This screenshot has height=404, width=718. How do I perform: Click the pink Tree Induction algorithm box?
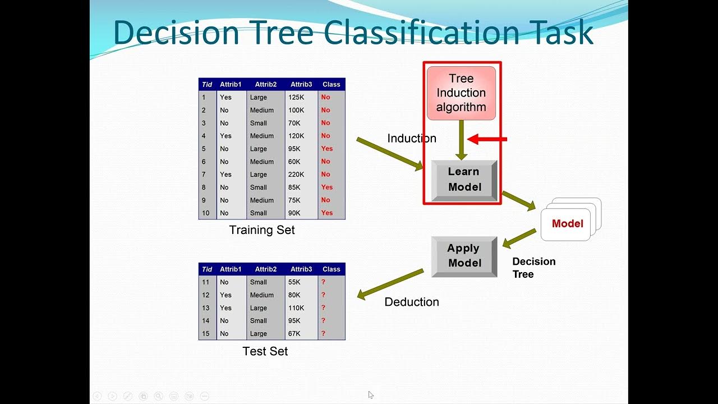point(461,93)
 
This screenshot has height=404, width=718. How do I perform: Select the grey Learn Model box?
point(464,180)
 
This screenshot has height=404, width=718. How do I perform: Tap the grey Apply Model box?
point(464,256)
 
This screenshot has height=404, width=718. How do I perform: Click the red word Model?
point(567,224)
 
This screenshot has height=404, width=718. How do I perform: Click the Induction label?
point(411,139)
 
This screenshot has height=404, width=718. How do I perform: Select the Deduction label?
point(411,302)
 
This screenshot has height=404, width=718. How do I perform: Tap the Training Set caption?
point(262,230)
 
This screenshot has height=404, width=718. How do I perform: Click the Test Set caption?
point(265,351)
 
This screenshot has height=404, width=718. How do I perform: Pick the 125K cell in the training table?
point(296,98)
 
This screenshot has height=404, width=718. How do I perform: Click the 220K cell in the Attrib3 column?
point(296,175)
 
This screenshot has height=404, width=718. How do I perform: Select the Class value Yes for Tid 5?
point(327,149)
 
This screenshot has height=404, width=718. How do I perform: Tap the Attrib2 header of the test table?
point(266,269)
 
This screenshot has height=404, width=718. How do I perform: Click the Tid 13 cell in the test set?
point(206,308)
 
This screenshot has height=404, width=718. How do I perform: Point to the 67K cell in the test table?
point(294,334)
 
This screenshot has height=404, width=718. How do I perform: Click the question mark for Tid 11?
point(323,282)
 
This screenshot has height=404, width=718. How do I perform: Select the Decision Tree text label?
point(533,268)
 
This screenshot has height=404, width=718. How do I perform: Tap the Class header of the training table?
point(331,85)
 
